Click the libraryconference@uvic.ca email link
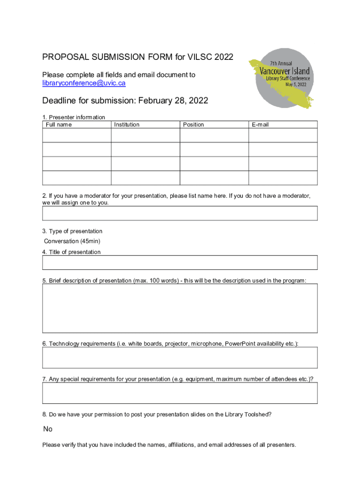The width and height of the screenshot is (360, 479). [x=84, y=83]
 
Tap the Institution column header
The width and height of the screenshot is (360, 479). [x=127, y=125]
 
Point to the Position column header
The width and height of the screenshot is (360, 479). [x=194, y=125]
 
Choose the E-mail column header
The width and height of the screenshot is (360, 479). [x=260, y=125]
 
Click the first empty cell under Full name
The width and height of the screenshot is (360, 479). [x=77, y=135]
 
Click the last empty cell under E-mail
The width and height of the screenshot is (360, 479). [x=283, y=178]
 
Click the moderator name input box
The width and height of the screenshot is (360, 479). [x=180, y=213]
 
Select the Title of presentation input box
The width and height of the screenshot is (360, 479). [x=180, y=262]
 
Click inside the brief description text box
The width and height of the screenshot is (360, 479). [x=180, y=308]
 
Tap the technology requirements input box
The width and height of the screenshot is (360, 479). [x=180, y=358]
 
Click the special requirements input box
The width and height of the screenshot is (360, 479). [x=180, y=393]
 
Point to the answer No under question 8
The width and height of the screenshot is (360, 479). [x=48, y=429]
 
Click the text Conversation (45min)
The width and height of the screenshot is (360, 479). [x=72, y=241]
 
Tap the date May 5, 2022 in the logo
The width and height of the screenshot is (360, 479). [x=293, y=85]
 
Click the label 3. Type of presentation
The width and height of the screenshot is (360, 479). [x=72, y=232]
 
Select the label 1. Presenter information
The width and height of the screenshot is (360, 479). [x=73, y=117]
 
